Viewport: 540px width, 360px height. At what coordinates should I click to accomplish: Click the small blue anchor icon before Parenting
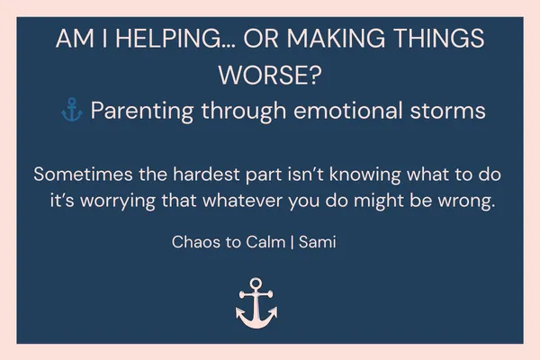(71, 112)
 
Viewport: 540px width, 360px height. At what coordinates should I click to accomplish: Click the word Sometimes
(79, 173)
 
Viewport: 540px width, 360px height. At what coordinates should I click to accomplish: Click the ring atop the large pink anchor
(256, 285)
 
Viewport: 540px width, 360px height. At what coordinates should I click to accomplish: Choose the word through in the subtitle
(240, 112)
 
